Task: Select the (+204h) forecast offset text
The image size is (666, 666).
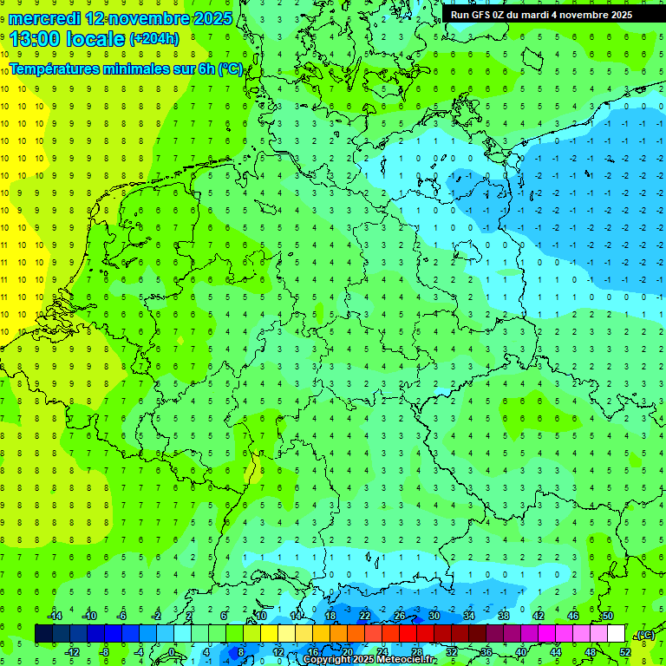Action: click(154, 39)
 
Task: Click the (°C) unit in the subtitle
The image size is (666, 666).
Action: click(231, 69)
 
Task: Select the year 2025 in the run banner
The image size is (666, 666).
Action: click(619, 15)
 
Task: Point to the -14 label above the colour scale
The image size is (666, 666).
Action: click(55, 616)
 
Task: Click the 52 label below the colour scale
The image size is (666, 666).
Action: click(625, 652)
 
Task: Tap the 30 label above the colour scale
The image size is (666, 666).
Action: click(434, 616)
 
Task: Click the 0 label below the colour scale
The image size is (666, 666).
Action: click(172, 652)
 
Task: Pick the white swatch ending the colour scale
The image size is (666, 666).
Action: click(616, 634)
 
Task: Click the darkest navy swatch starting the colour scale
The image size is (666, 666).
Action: click(43, 634)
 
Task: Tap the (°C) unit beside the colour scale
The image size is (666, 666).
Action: click(645, 635)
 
